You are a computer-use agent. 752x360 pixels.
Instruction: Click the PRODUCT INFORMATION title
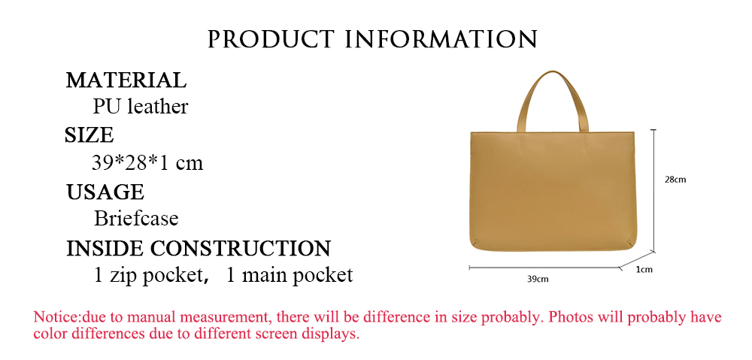tap(372, 39)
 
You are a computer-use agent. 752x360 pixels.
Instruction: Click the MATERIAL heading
tap(126, 80)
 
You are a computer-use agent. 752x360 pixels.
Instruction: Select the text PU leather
tap(141, 107)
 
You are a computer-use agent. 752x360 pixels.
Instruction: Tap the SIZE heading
tap(89, 135)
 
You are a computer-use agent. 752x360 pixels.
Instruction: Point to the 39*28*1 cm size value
tap(147, 163)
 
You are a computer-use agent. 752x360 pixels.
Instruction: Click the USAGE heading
tap(105, 192)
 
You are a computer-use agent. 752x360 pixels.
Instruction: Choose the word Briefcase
tap(136, 219)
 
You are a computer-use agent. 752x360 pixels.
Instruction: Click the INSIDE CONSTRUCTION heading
tap(199, 248)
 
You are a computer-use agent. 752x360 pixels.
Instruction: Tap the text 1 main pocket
tap(290, 276)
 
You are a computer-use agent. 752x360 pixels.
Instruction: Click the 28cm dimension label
tap(675, 180)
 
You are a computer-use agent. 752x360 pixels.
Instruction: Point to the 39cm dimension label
tap(538, 279)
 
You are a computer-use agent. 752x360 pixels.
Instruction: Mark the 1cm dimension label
tap(644, 269)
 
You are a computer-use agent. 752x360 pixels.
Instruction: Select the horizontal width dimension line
tap(544, 268)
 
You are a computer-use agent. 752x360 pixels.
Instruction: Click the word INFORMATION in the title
tap(441, 39)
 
